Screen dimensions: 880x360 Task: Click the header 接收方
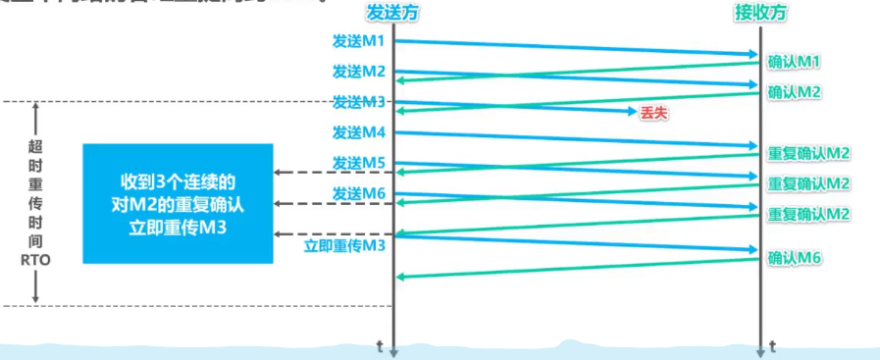[x=761, y=13]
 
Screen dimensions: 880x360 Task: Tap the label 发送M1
[x=358, y=42]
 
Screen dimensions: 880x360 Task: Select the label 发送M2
[x=358, y=72]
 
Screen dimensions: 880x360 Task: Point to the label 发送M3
[x=358, y=101]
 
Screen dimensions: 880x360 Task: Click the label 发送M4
[x=358, y=132]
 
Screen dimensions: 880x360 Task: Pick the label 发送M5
[x=358, y=162]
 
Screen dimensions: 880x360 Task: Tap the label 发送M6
[x=358, y=192]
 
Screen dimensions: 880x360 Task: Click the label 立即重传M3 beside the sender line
[x=344, y=243]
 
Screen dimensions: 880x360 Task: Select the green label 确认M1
[x=794, y=62]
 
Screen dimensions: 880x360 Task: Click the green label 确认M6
[x=794, y=258]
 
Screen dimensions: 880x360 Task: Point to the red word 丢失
[x=653, y=113]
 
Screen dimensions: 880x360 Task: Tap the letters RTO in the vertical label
[x=35, y=262]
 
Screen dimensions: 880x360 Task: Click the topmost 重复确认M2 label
[x=808, y=153]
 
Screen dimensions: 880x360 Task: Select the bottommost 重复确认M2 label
[x=808, y=214]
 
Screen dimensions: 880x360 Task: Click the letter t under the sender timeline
[x=381, y=345]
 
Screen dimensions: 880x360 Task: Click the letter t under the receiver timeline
[x=773, y=345]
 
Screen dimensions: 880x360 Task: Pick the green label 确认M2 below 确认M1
[x=794, y=92]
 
